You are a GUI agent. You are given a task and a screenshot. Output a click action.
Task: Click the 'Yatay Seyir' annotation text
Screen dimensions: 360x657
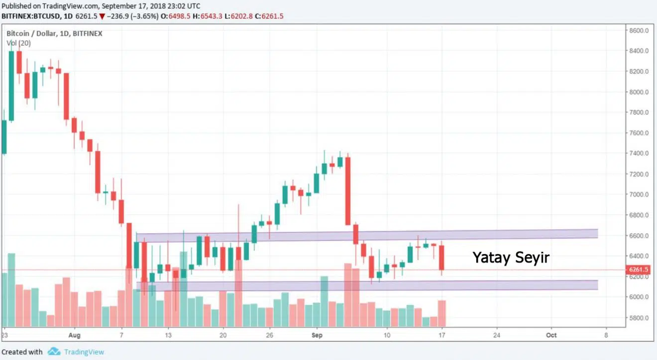click(x=511, y=257)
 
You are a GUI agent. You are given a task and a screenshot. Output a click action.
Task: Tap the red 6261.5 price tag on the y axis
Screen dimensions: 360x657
click(x=638, y=270)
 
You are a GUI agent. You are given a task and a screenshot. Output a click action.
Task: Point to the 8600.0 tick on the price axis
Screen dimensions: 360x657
click(x=639, y=30)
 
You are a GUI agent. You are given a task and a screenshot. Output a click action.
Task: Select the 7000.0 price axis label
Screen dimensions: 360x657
click(x=639, y=195)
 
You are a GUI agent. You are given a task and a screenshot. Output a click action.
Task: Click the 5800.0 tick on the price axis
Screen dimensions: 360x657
click(x=639, y=318)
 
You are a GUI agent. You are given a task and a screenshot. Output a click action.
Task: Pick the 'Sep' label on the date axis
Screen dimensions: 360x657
click(x=317, y=335)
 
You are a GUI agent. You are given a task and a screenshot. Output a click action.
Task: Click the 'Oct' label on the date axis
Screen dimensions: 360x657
click(x=551, y=335)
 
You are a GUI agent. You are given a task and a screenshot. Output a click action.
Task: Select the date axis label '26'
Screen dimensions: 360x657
click(x=269, y=335)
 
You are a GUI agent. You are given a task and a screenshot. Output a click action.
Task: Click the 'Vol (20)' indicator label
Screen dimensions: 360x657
click(x=18, y=43)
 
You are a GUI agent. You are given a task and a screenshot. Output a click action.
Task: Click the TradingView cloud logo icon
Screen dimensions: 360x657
click(x=54, y=352)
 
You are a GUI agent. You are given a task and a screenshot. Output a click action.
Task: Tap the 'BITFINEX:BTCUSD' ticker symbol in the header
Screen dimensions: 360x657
click(x=31, y=16)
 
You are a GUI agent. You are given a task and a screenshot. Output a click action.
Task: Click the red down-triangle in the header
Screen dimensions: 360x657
click(x=102, y=16)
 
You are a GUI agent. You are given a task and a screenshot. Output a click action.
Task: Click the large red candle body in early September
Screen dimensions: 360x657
click(x=348, y=191)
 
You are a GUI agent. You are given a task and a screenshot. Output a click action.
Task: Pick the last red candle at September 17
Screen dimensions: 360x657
click(x=441, y=257)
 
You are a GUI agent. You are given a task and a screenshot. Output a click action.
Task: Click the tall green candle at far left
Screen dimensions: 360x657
click(x=11, y=86)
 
